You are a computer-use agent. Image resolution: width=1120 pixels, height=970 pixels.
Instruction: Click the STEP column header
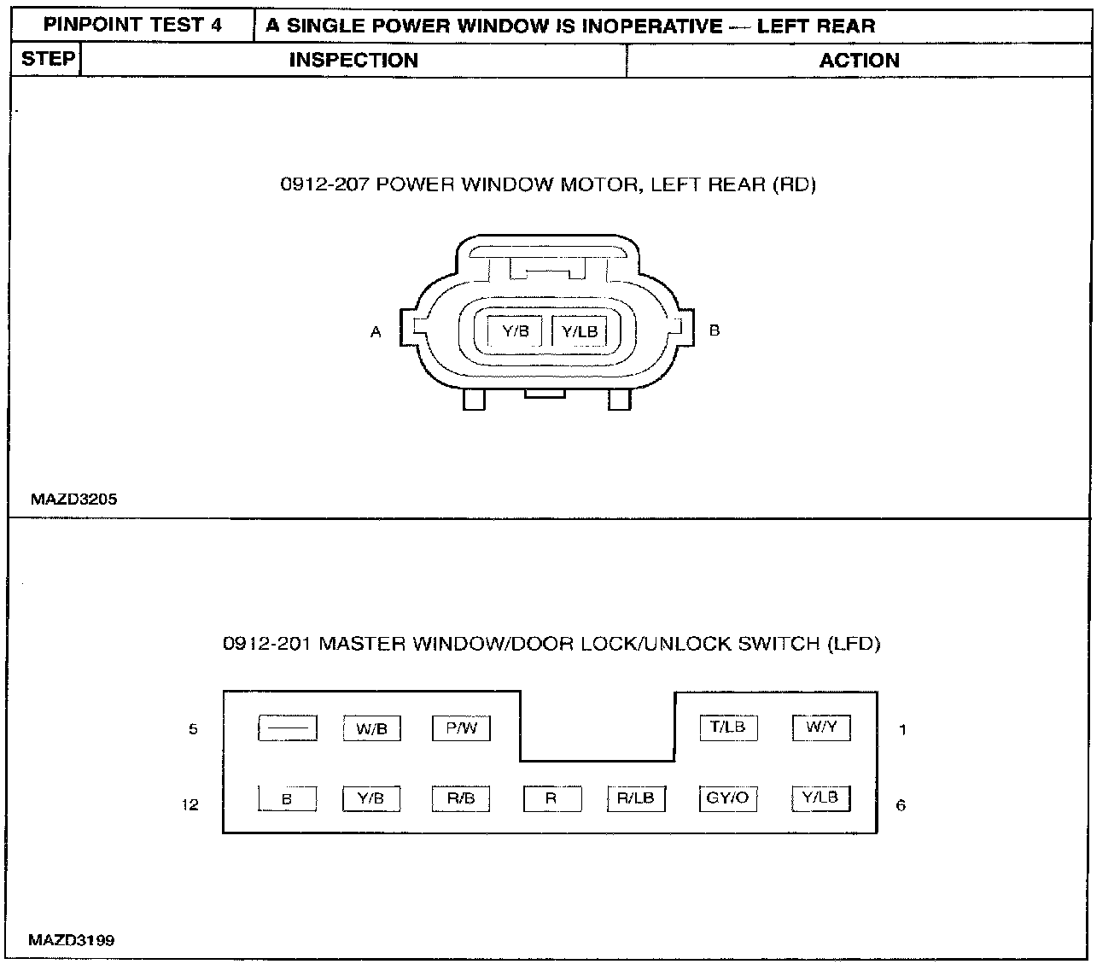point(47,59)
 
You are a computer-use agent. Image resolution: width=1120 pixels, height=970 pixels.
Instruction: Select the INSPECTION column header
point(353,61)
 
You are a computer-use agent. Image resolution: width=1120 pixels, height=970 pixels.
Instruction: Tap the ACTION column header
point(859,61)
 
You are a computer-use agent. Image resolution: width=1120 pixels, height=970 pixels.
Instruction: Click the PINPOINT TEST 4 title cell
point(132,26)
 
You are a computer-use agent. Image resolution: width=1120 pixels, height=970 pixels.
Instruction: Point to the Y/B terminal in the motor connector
point(516,331)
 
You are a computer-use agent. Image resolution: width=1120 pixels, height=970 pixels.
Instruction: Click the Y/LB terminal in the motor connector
point(580,331)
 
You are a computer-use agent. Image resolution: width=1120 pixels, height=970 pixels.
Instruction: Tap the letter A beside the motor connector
point(376,332)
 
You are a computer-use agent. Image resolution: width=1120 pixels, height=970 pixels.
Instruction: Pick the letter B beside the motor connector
point(715,330)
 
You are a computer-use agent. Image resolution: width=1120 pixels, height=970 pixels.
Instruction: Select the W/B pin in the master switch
point(371,729)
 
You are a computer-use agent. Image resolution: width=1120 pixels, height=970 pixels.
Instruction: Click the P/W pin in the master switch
point(462,728)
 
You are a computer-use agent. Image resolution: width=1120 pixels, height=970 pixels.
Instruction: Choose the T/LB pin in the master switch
point(728,727)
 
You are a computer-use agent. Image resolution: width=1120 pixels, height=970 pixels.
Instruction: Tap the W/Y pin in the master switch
point(821,727)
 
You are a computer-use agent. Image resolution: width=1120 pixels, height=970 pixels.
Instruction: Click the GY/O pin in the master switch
point(728,798)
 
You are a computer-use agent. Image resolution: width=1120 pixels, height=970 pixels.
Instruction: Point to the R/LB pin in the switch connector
point(635,798)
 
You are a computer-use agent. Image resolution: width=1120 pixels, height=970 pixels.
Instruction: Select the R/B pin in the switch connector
point(462,798)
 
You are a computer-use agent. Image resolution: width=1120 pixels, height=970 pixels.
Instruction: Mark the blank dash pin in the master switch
point(288,728)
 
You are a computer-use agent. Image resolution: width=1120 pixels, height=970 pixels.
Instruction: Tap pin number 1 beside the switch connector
point(902,730)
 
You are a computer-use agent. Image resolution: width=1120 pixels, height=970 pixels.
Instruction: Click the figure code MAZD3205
point(74,500)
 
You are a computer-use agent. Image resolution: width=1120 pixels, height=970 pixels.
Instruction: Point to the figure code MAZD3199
point(72,941)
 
